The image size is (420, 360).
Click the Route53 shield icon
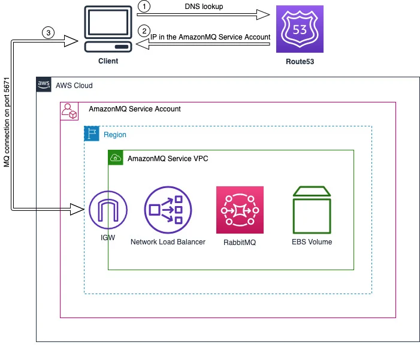[x=300, y=29]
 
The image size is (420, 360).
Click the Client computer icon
[x=108, y=29]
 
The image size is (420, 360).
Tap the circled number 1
[x=144, y=6]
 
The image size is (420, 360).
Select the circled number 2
[x=144, y=31]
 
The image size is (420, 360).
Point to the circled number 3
[x=48, y=33]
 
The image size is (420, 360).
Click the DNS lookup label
[x=204, y=7]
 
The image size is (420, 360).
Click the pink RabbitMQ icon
[x=240, y=210]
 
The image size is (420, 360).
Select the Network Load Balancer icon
[x=168, y=210]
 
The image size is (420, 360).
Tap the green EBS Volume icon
[x=312, y=210]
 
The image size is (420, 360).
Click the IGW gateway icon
[x=108, y=210]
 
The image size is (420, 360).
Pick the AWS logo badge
[x=44, y=84]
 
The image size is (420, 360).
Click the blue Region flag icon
[x=92, y=134]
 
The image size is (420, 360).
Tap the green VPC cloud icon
[x=116, y=158]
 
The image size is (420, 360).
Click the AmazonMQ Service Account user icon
[x=69, y=111]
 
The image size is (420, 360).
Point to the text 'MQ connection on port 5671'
[x=7, y=122]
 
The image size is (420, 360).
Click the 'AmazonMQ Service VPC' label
[x=168, y=159]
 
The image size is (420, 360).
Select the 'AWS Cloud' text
[x=74, y=86]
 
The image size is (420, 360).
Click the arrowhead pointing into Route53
[x=263, y=14]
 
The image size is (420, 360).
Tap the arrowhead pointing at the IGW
[x=77, y=209]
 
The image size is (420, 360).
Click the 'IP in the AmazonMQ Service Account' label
[x=210, y=37]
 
